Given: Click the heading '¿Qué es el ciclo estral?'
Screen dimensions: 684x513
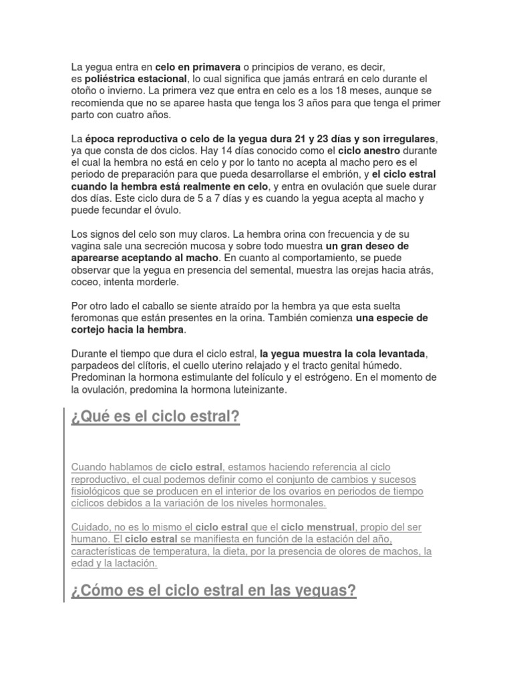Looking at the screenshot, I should point(155,418).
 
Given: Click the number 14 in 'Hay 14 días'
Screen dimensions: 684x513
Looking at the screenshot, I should point(274,150).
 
